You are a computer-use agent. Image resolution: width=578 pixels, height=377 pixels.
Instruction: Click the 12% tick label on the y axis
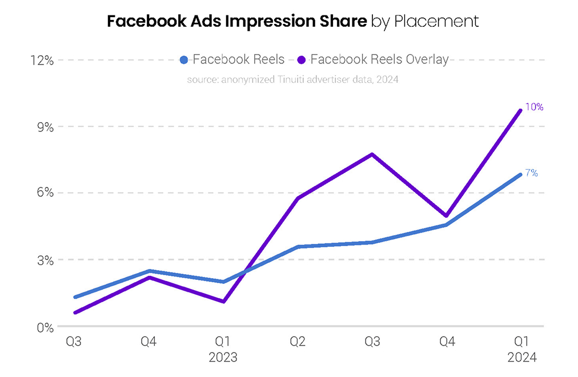coord(42,60)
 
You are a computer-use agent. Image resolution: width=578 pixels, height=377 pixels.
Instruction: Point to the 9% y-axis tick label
coord(45,127)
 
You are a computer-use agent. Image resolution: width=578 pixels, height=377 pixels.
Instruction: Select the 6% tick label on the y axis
coord(45,193)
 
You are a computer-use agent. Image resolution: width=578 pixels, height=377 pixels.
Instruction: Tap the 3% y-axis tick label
coord(45,260)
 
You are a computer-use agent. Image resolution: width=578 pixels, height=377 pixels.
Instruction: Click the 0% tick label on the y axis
coord(45,327)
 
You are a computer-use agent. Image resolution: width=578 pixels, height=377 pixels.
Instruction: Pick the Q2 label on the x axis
coord(298,342)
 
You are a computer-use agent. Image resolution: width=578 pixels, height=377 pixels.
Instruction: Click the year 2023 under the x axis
coord(223,358)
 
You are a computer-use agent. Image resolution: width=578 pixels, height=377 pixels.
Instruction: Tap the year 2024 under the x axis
coord(522,358)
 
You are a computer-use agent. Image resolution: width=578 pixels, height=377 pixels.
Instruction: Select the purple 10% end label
coord(534,107)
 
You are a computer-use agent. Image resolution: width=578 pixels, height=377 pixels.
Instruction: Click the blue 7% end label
coord(532,173)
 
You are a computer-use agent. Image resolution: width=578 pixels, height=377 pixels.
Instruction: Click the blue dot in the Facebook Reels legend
coord(184,59)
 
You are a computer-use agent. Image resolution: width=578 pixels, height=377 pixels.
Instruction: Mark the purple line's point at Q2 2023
coord(298,198)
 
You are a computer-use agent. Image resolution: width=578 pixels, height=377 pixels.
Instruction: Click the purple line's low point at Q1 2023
coord(223,302)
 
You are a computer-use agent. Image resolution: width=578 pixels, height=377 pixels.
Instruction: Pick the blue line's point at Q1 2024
coord(520,174)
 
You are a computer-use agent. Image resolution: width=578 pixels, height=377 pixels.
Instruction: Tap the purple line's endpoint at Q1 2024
coord(520,110)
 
